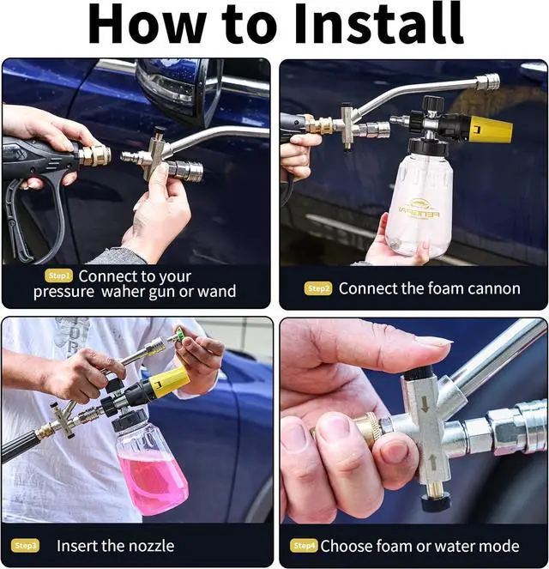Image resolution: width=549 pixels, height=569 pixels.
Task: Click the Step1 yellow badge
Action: [58, 275]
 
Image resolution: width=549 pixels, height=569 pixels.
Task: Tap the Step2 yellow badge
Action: [318, 288]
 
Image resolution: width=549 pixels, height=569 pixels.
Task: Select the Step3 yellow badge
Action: [25, 546]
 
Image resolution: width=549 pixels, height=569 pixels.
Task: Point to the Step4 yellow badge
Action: [304, 546]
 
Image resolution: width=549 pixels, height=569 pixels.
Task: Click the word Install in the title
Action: [379, 23]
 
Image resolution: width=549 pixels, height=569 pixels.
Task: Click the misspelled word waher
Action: [123, 292]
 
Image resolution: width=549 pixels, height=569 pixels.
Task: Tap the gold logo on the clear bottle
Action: [419, 209]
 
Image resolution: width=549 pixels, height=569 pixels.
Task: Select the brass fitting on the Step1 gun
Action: [94, 155]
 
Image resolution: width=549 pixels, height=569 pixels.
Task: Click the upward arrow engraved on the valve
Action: [432, 461]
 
